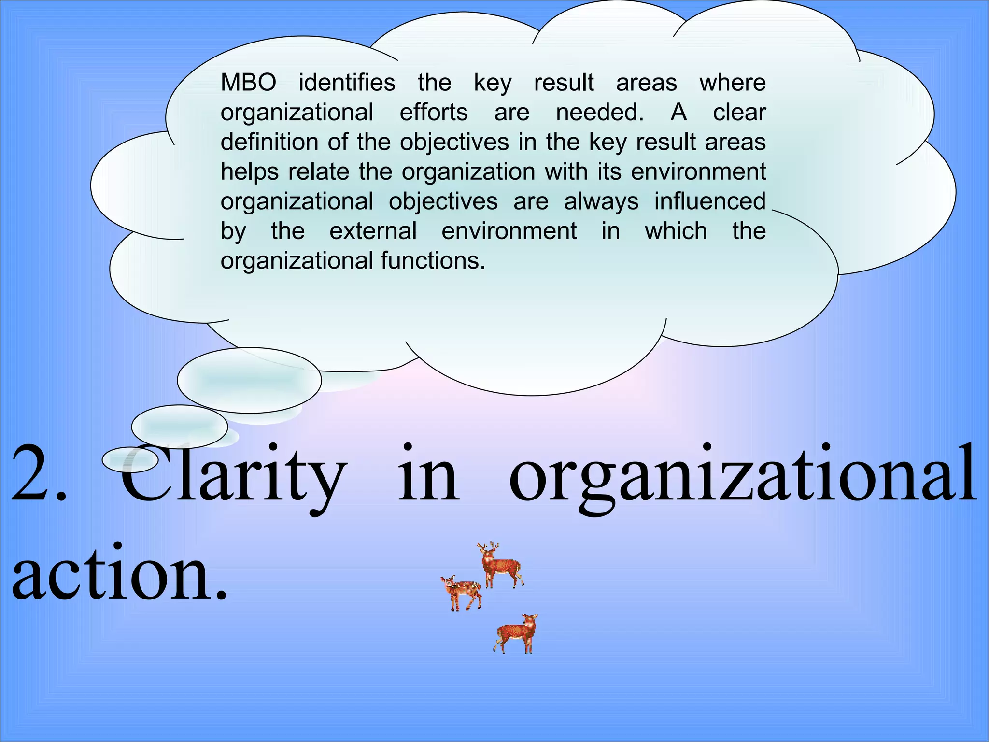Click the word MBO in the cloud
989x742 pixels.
click(248, 83)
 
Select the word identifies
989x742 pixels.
click(347, 83)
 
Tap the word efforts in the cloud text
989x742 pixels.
click(434, 113)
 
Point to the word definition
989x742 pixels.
click(268, 142)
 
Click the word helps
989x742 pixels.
click(250, 172)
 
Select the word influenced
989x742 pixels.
click(710, 201)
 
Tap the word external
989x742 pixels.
click(373, 231)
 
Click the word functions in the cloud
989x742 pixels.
click(433, 261)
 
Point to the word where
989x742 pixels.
click(733, 83)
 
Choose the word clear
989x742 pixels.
click(739, 113)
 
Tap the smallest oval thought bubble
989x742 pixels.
click(130, 459)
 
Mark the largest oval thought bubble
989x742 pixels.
click(249, 380)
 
